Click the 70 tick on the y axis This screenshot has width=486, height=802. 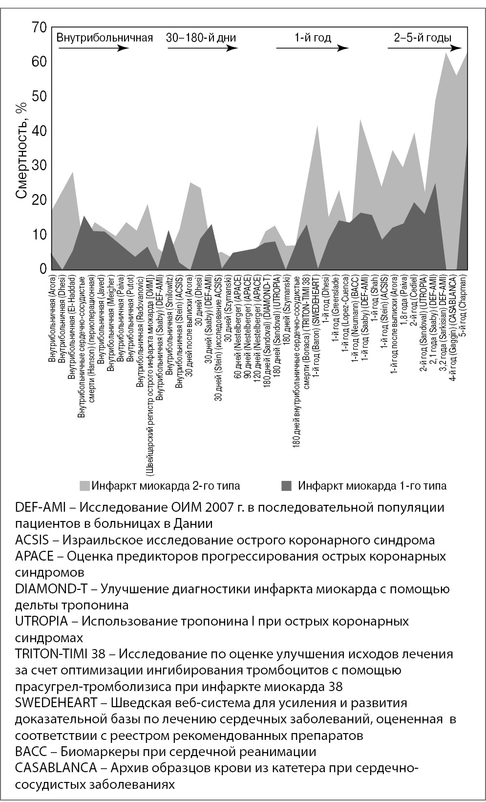40,27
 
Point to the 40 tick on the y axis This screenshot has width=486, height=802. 40,131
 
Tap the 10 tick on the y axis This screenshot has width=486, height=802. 40,235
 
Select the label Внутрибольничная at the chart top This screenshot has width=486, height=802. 105,38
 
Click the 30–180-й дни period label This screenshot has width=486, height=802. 201,38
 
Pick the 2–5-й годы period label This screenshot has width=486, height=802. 423,38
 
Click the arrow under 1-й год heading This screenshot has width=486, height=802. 313,48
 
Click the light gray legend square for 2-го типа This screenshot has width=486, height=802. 85,486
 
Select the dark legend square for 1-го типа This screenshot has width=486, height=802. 287,486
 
